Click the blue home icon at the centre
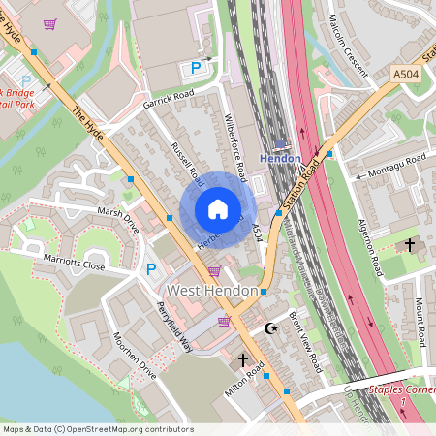(218, 209)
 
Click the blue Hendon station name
(281, 157)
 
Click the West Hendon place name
(212, 291)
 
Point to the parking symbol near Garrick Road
(196, 68)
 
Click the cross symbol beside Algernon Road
(409, 246)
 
